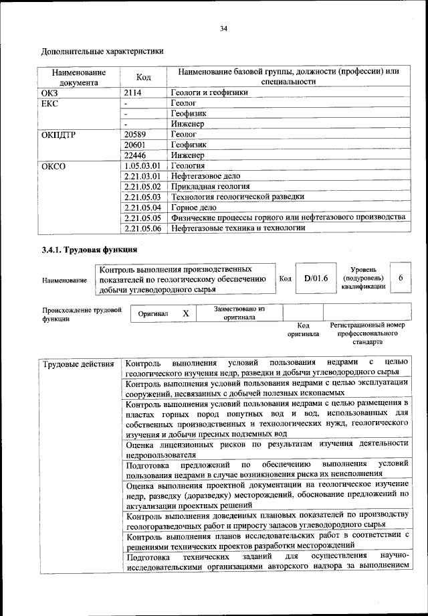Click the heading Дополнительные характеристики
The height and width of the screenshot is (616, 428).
pyautogui.click(x=102, y=50)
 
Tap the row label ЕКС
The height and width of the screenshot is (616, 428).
pyautogui.click(x=51, y=104)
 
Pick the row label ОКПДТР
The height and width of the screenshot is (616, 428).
pyautogui.click(x=60, y=135)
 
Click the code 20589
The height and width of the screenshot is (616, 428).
pyautogui.click(x=137, y=135)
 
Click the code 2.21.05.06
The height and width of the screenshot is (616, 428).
pyautogui.click(x=143, y=228)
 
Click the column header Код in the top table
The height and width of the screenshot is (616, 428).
pyautogui.click(x=143, y=77)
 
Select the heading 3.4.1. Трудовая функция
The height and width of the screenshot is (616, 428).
pyautogui.click(x=90, y=250)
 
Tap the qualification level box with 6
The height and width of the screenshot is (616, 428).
pyautogui.click(x=400, y=278)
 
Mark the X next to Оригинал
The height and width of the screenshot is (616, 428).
pyautogui.click(x=186, y=313)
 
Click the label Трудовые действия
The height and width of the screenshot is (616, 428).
pyautogui.click(x=78, y=364)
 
